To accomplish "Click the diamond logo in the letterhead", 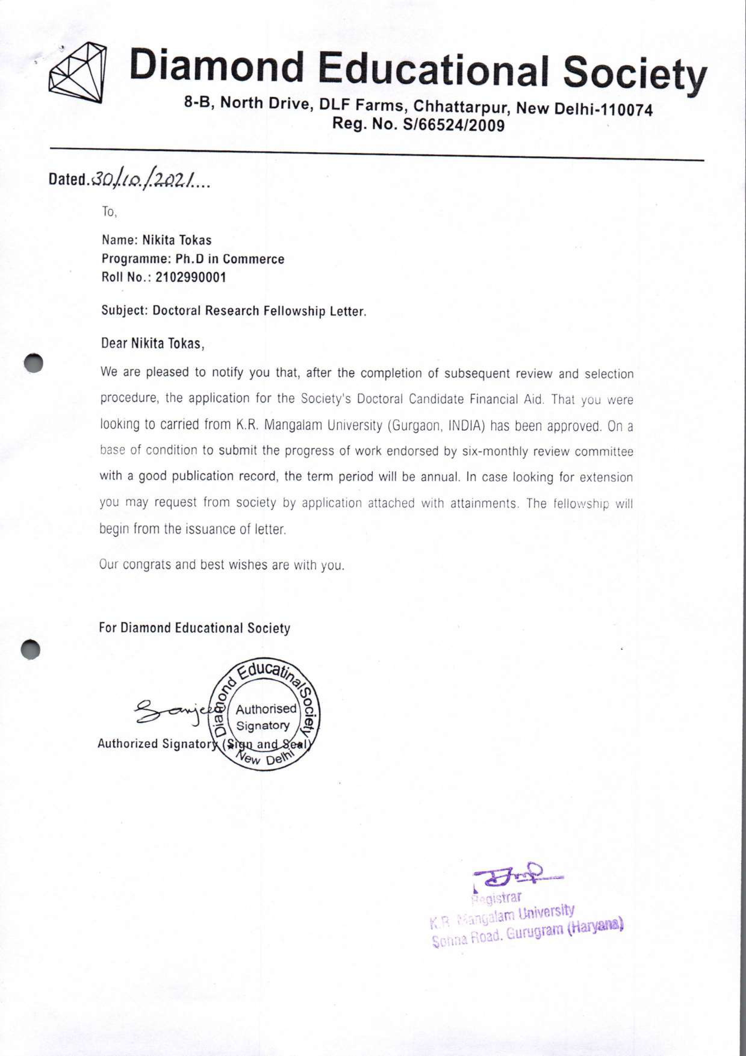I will pyautogui.click(x=77, y=72).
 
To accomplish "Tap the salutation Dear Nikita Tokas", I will pyautogui.click(x=152, y=343).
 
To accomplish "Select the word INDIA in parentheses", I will pyautogui.click(x=465, y=425).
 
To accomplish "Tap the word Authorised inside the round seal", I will pyautogui.click(x=266, y=709).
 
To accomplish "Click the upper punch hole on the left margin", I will pyautogui.click(x=34, y=363).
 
